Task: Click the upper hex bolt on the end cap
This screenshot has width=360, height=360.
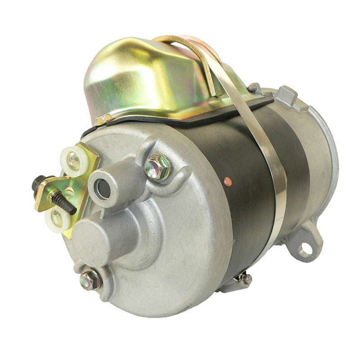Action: point(157,166)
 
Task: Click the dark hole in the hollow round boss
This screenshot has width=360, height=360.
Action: point(104,190)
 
